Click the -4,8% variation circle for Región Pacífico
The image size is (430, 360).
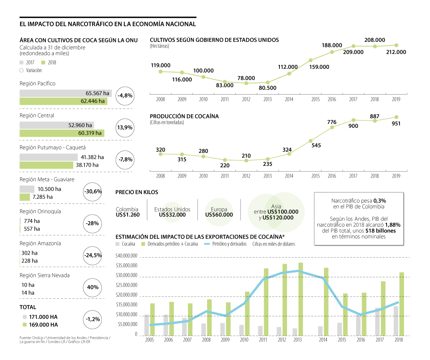[x=125, y=96]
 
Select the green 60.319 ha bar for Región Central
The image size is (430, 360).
[x=62, y=133]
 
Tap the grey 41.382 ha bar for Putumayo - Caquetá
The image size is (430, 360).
[x=48, y=157]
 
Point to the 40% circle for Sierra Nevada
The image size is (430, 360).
[x=92, y=287]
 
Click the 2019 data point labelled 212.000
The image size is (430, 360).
[x=396, y=45]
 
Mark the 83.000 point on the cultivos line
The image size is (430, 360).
[x=225, y=82]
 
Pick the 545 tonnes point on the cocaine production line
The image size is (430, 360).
[x=311, y=140]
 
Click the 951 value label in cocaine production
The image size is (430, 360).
[x=396, y=124]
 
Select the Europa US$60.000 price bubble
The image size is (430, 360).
[x=219, y=212]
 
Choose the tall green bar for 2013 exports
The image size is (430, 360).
[x=301, y=299]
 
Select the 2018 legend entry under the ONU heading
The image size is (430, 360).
[x=49, y=62]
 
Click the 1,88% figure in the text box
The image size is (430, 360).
[x=393, y=225]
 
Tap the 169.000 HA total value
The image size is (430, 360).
[x=43, y=325]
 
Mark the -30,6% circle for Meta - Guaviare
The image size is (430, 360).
[x=92, y=191]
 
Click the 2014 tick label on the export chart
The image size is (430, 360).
[x=323, y=340]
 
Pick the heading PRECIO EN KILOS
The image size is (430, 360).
[x=137, y=192]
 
